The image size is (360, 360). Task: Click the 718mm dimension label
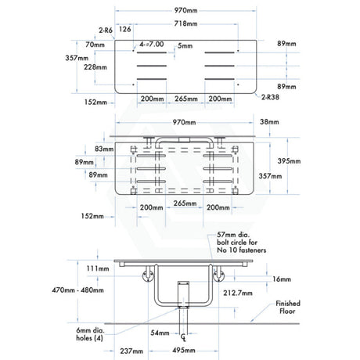tap(185, 23)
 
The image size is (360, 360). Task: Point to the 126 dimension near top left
tap(124, 29)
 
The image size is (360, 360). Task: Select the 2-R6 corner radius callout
tap(106, 31)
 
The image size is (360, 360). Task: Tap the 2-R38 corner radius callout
tap(270, 97)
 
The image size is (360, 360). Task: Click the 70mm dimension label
tap(95, 45)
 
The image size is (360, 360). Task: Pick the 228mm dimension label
tap(95, 67)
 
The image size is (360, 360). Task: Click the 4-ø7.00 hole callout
tap(151, 45)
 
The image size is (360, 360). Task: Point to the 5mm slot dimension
tap(185, 46)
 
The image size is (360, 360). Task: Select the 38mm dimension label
tap(269, 122)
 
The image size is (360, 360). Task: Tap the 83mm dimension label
tap(104, 149)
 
